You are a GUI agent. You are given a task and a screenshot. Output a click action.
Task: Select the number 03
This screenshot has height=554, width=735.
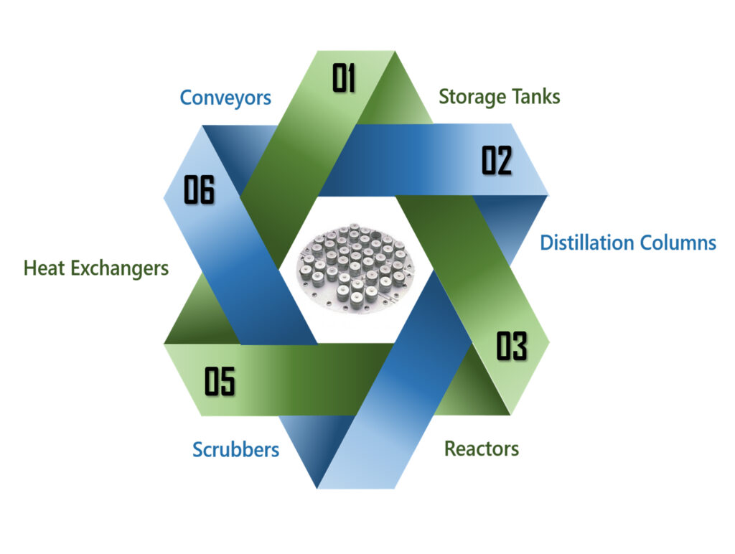(512, 347)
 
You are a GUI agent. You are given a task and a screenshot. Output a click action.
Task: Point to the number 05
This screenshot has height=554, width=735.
(220, 381)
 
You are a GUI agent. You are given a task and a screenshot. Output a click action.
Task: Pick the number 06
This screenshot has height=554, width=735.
(199, 190)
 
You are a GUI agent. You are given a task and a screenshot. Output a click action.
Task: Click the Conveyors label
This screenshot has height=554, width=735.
(225, 97)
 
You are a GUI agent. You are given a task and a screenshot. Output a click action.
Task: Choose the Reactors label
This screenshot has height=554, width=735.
(481, 449)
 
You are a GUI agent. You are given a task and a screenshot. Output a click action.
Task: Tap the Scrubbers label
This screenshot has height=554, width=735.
(235, 450)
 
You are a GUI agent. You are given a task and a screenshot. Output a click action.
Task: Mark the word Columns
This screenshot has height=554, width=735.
(678, 243)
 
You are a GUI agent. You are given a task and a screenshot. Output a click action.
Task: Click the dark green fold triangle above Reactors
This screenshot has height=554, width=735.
(467, 388)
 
